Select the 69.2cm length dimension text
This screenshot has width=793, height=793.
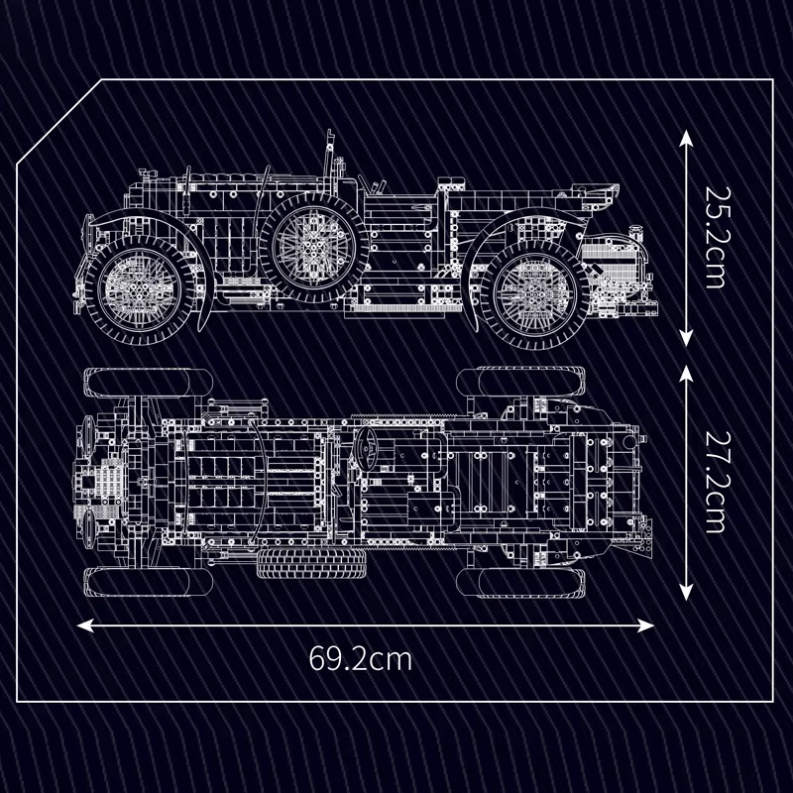360,658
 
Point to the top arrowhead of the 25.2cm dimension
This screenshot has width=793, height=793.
686,138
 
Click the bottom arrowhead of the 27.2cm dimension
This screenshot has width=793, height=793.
686,592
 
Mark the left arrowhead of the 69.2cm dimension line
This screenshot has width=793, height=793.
85,625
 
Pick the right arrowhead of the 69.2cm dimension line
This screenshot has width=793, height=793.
645,625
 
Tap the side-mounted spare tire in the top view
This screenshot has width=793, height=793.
311,563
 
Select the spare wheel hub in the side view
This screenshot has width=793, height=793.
313,247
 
